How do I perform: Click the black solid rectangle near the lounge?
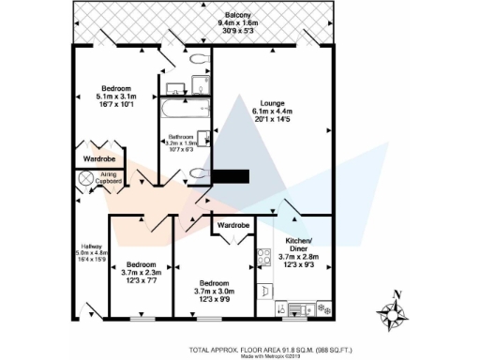(x=232, y=175)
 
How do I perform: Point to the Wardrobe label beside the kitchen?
(x=232, y=226)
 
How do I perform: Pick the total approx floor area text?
(x=271, y=349)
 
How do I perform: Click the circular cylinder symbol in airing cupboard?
(x=82, y=178)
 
